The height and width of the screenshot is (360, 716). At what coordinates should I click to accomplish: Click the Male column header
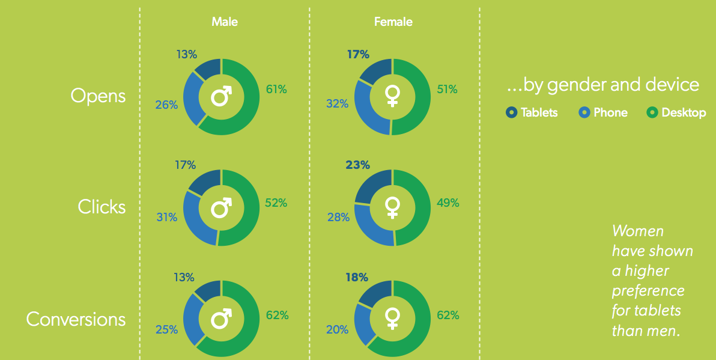[x=225, y=22]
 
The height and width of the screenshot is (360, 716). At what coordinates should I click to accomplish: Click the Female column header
[x=393, y=22]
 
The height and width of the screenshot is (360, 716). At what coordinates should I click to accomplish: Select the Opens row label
[x=98, y=96]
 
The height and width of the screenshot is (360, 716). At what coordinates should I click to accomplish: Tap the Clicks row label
[x=102, y=207]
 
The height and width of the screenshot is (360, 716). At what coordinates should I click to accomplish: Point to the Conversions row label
[x=76, y=319]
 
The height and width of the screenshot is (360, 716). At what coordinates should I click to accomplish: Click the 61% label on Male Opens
[x=277, y=90]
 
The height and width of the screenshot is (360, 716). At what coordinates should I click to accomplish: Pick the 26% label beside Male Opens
[x=166, y=105]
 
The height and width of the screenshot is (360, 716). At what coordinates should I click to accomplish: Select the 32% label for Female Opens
[x=338, y=104]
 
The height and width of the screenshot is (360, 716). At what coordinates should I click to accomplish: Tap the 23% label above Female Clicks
[x=358, y=165]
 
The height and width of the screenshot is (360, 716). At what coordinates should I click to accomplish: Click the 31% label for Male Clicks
[x=166, y=218]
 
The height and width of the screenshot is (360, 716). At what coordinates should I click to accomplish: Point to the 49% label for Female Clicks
[x=447, y=203]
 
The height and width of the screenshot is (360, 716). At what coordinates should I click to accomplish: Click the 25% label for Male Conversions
[x=166, y=329]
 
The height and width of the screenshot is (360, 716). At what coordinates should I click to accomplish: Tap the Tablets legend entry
[x=532, y=112]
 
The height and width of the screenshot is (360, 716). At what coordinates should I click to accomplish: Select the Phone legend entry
[x=602, y=112]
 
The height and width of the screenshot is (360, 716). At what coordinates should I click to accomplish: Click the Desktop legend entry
[x=677, y=112]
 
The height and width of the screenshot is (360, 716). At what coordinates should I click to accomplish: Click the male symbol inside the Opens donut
[x=222, y=96]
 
